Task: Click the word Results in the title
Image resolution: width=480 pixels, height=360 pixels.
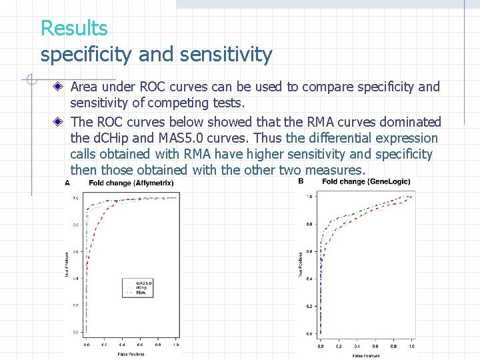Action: (x=74, y=29)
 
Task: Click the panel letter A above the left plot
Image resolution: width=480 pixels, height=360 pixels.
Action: (x=67, y=183)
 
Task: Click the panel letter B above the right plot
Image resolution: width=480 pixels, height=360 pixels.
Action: (x=301, y=181)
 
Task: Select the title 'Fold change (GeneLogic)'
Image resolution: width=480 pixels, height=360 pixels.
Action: (x=363, y=181)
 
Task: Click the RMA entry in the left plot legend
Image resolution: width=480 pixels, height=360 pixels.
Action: (x=141, y=293)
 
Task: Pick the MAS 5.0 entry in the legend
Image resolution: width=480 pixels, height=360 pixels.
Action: (x=143, y=283)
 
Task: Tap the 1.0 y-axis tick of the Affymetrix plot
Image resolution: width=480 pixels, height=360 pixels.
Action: (x=75, y=199)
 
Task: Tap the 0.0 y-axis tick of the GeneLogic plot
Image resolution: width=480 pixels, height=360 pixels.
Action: (x=309, y=333)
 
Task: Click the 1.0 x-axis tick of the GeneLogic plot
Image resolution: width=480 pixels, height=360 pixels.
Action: (x=411, y=347)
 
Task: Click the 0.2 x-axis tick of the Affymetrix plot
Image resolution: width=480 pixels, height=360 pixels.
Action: (x=104, y=345)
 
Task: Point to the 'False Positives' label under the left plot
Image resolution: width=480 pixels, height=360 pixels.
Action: (x=131, y=353)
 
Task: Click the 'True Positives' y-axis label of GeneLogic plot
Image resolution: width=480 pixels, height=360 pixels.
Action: (x=300, y=265)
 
